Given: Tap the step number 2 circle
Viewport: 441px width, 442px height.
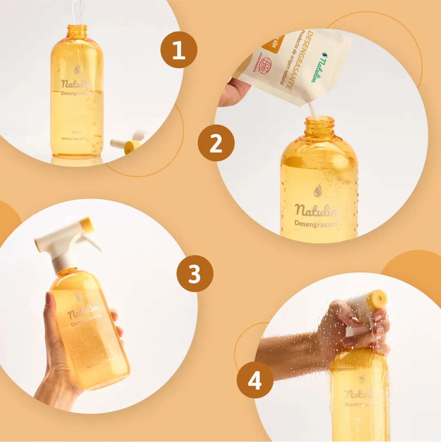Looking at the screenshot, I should tap(216, 144).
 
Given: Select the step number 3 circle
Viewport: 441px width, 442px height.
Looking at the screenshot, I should tap(195, 274).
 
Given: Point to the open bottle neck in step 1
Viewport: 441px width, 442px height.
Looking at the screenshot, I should tap(77, 30).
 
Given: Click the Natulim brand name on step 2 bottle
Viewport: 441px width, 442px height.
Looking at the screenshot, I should tap(317, 210).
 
